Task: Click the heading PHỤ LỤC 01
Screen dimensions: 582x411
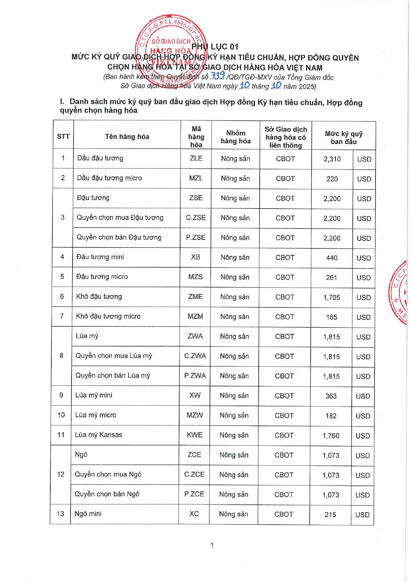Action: pyautogui.click(x=215, y=47)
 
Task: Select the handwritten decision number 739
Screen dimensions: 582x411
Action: pyautogui.click(x=218, y=76)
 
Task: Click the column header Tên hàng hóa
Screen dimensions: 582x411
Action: pyautogui.click(x=127, y=137)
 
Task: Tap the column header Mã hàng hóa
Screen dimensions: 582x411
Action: pyautogui.click(x=196, y=137)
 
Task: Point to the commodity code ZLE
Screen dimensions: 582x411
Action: pyautogui.click(x=196, y=158)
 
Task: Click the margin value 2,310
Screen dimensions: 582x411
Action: pyautogui.click(x=332, y=159)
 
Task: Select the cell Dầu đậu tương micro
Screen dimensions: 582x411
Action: pyautogui.click(x=109, y=178)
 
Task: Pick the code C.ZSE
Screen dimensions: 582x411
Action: pyautogui.click(x=196, y=218)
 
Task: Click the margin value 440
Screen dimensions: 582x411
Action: pyautogui.click(x=332, y=258)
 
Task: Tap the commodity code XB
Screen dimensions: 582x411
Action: pyautogui.click(x=195, y=257)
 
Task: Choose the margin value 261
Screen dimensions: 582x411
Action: pyautogui.click(x=331, y=278)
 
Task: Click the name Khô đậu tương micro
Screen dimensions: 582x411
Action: pyautogui.click(x=108, y=316)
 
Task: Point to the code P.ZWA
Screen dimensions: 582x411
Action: pyautogui.click(x=195, y=376)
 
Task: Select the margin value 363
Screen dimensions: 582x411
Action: pyautogui.click(x=331, y=396)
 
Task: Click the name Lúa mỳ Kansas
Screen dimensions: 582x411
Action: pyautogui.click(x=98, y=435)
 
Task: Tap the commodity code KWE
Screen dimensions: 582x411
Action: pyautogui.click(x=194, y=435)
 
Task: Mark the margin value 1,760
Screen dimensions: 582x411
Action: pyautogui.click(x=331, y=436)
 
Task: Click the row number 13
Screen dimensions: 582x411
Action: pyautogui.click(x=60, y=514)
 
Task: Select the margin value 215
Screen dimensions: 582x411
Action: pyautogui.click(x=330, y=515)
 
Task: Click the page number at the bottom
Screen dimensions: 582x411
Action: pyautogui.click(x=212, y=545)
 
